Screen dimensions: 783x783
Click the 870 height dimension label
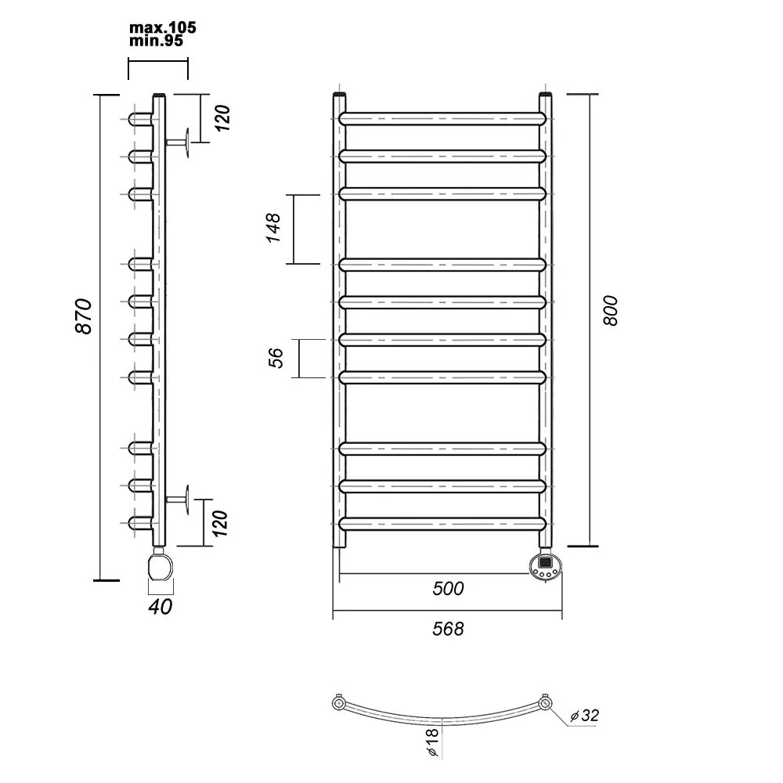84,316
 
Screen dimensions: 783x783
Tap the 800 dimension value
610,311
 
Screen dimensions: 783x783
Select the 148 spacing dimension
273,228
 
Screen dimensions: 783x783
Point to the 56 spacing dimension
276,358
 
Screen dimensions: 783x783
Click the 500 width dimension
448,589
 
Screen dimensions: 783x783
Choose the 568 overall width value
448,629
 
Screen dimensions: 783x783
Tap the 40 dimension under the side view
161,606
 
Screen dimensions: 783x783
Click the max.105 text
163,27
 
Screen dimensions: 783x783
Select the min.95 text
157,41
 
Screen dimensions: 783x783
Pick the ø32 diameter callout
584,716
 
